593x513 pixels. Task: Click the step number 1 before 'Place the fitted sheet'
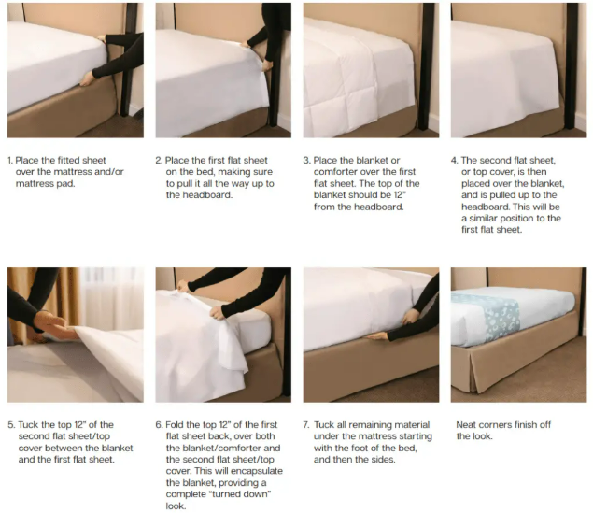pyautogui.click(x=10, y=161)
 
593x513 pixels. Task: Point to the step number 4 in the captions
pyautogui.click(x=455, y=161)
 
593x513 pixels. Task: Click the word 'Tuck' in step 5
pyautogui.click(x=28, y=425)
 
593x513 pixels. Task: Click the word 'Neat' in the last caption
pyautogui.click(x=466, y=425)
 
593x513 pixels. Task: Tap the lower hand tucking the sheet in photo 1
pyautogui.click(x=88, y=79)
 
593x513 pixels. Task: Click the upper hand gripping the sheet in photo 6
pyautogui.click(x=183, y=286)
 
